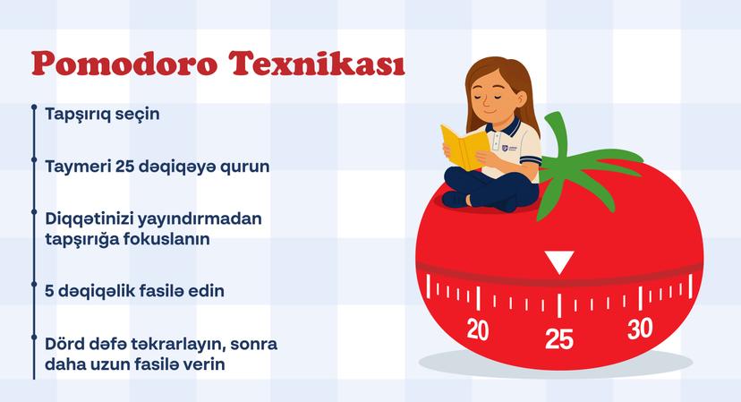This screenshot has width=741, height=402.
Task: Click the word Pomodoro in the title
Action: (x=124, y=64)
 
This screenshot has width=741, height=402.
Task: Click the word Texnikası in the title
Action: (x=318, y=64)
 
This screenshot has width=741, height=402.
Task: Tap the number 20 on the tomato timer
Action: (x=477, y=329)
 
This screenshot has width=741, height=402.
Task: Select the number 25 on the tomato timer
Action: (x=559, y=338)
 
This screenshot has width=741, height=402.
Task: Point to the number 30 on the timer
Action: (x=641, y=329)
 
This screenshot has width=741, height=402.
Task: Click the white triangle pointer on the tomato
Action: (x=559, y=262)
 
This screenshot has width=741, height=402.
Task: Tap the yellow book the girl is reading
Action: (x=464, y=147)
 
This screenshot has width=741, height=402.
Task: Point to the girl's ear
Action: (x=521, y=98)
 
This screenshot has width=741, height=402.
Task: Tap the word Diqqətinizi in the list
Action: (x=89, y=219)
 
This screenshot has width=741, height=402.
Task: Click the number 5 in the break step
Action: (x=49, y=291)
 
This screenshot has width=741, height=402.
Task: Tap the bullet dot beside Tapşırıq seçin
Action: (x=34, y=107)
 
